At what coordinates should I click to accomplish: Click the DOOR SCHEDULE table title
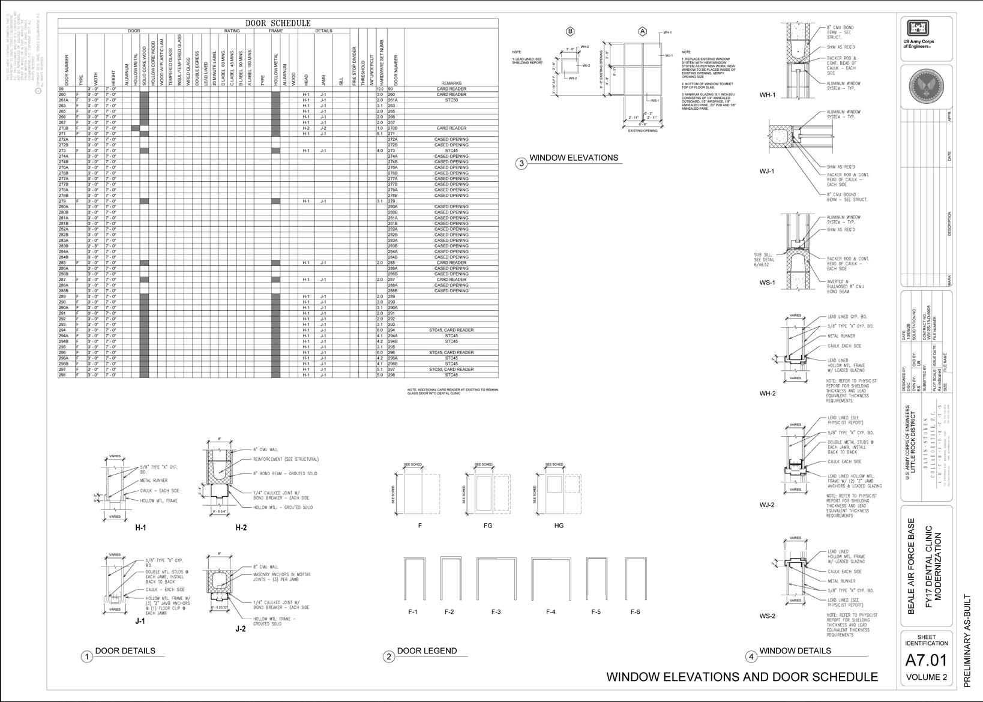(278, 23)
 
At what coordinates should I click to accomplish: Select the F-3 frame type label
(496, 612)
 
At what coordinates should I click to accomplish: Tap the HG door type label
(559, 526)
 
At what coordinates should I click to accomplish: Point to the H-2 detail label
(241, 528)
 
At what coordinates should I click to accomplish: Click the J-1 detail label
(140, 622)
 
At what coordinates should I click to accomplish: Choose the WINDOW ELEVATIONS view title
(573, 158)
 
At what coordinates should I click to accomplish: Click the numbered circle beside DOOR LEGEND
(389, 656)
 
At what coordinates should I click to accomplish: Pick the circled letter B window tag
(570, 32)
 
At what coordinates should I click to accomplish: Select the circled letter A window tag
(642, 32)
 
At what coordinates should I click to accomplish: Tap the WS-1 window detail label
(767, 283)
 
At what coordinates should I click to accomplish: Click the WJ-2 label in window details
(767, 505)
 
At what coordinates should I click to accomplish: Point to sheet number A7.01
(925, 660)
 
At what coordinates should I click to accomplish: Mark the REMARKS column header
(451, 83)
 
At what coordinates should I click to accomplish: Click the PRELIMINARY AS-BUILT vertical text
(967, 640)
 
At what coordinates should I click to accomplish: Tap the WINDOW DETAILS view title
(795, 651)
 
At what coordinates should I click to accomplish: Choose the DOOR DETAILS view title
(125, 651)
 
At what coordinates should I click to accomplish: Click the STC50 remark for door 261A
(451, 100)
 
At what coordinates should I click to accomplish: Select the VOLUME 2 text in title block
(926, 677)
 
